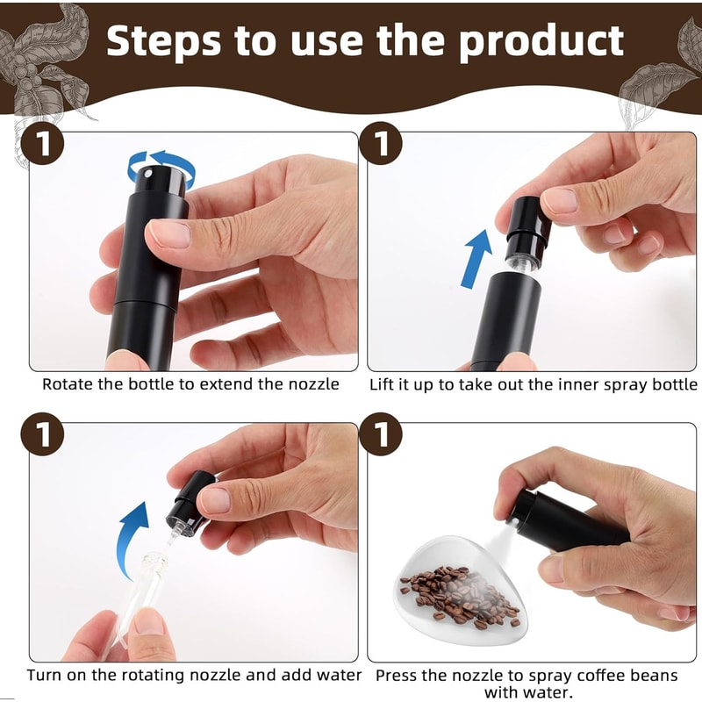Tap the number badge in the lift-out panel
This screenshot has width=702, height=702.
382,146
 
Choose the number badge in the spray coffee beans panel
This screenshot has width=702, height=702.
382,436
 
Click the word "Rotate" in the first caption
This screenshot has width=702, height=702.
69,384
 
